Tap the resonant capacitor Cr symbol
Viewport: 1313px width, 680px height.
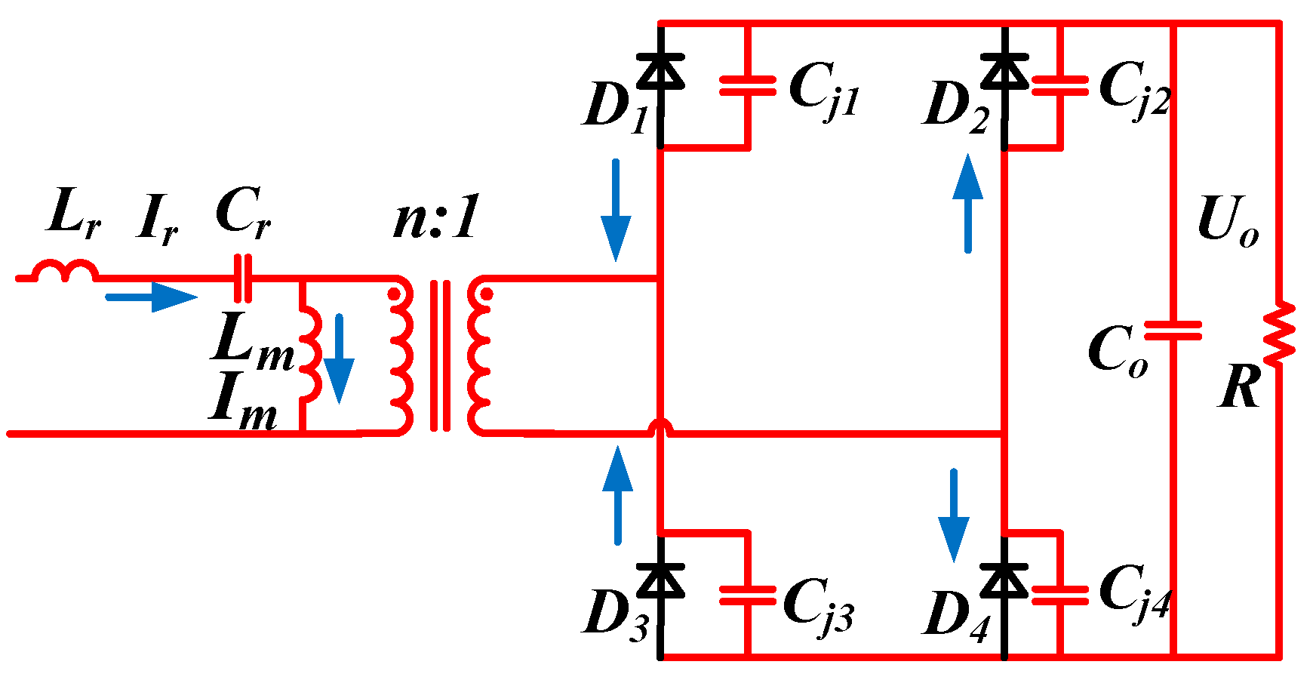click(243, 278)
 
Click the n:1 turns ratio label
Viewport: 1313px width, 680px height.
click(436, 218)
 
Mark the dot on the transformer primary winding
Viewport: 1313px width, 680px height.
click(394, 294)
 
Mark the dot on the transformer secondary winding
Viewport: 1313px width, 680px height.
click(487, 294)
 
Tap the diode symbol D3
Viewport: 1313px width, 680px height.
click(660, 580)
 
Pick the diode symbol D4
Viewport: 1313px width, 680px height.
click(1004, 580)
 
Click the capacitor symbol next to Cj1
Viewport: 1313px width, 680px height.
click(747, 85)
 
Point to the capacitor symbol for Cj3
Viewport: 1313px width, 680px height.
click(747, 595)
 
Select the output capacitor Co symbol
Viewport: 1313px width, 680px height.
click(1173, 331)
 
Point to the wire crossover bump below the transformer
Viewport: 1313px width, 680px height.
click(660, 428)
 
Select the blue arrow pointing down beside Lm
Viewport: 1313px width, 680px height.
click(339, 358)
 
